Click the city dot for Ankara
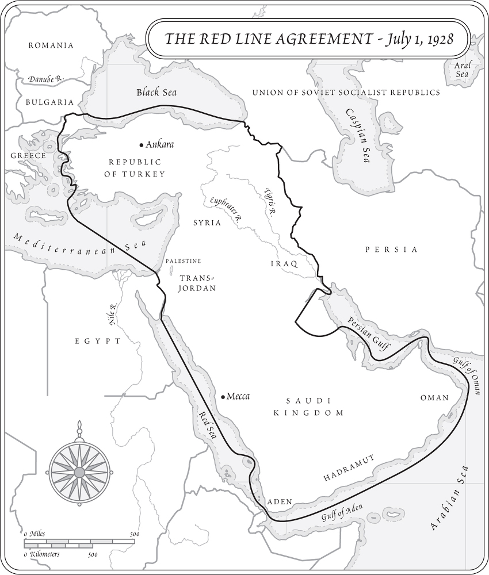coord(142,145)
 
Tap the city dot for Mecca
coord(223,397)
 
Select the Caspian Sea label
coord(357,136)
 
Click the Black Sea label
coord(156,93)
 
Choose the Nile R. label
coord(113,314)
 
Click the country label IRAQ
coord(284,263)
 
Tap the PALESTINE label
coord(183,261)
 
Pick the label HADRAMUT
coord(349,468)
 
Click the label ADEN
coord(280,502)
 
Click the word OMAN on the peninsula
coord(434,398)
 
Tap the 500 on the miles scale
coord(134,534)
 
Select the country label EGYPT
coord(98,341)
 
